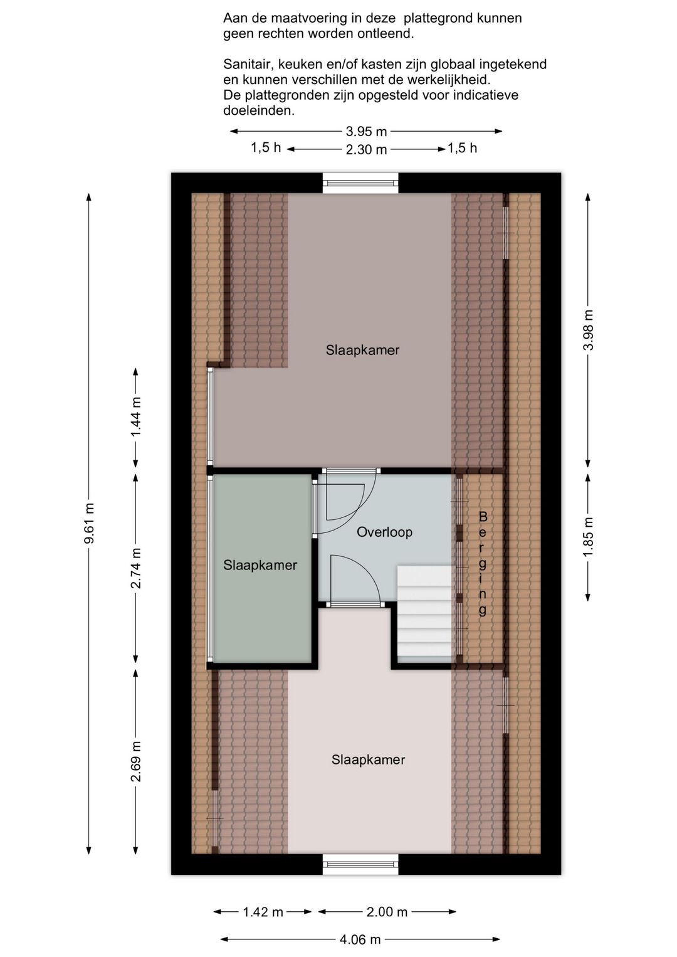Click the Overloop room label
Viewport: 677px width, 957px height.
[x=384, y=532]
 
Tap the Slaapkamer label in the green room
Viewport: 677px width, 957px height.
[x=260, y=565]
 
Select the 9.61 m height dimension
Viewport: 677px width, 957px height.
[x=89, y=523]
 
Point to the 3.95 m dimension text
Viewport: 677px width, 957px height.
[x=366, y=131]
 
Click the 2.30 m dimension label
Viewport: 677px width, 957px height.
[x=366, y=149]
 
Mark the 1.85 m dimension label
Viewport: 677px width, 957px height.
[x=588, y=537]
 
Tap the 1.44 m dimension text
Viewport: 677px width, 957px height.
[x=136, y=417]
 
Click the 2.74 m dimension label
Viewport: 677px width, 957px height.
[x=136, y=568]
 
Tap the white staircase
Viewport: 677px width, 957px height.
[x=424, y=615]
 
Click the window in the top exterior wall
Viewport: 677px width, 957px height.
[x=360, y=183]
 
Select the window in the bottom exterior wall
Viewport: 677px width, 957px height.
[x=360, y=864]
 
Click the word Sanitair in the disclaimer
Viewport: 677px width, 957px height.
[x=248, y=64]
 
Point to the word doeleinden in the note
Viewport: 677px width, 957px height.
[x=259, y=110]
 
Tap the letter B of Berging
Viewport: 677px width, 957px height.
[x=483, y=517]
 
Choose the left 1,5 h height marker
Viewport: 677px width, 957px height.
[x=266, y=147]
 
